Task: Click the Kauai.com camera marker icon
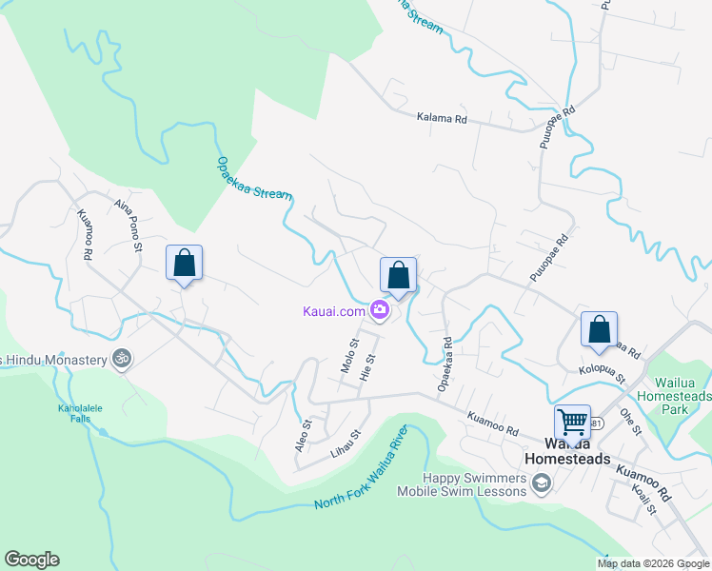[380, 309]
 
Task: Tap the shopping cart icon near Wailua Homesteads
[572, 422]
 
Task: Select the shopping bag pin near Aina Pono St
[185, 264]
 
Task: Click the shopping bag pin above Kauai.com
[399, 276]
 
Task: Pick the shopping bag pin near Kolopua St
[600, 331]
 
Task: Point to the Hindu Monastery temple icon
[121, 358]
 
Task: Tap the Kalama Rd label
[442, 119]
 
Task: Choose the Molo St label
[348, 355]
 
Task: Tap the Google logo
[31, 560]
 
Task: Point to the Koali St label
[644, 498]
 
